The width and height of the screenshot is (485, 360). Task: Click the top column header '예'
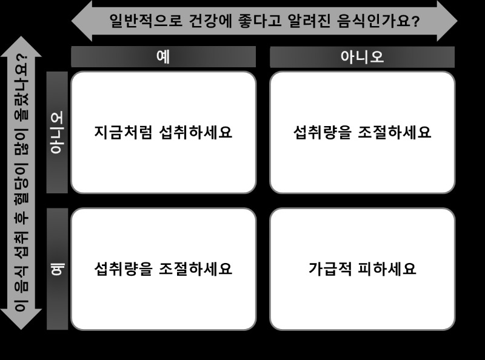coord(163,57)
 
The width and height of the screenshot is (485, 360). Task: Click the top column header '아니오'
coord(362,57)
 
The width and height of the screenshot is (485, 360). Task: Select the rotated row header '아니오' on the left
coord(57,132)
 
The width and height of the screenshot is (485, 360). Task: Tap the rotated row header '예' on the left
coord(57,269)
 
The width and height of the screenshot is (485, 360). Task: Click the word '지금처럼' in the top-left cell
coord(123,132)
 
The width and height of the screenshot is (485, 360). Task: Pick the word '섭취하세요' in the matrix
coord(195,132)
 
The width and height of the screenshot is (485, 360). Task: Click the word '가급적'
coord(330,268)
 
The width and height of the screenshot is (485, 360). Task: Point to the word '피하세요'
coord(387,268)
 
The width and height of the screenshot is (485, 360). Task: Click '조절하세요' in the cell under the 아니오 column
coord(395,132)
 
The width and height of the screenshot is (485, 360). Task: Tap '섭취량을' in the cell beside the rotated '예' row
coord(124,268)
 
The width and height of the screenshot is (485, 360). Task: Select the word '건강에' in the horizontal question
coord(210,21)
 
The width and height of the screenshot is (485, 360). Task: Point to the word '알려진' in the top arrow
coord(309,21)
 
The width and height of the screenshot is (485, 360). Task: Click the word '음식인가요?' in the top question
coord(378,21)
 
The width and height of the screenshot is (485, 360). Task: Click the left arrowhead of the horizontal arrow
coord(82,21)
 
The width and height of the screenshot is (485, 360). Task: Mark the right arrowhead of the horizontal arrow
coord(447,21)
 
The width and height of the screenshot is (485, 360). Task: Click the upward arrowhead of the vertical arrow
coord(21,47)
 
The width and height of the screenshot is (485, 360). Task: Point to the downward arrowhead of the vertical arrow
coord(21,319)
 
